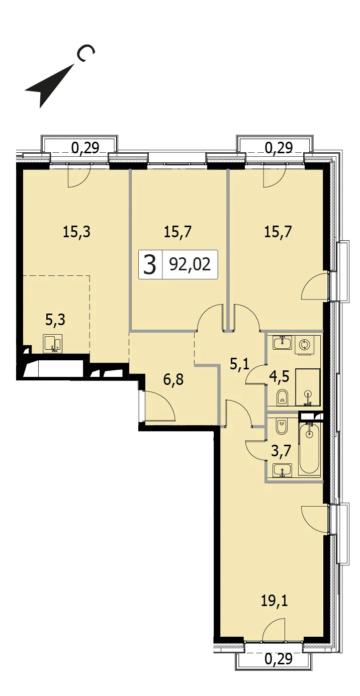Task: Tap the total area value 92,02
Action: (190, 264)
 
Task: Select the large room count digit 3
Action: (150, 264)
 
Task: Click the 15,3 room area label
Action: (76, 232)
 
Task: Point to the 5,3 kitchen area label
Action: (55, 320)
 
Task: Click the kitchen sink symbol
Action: (53, 343)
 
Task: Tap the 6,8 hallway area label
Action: (173, 379)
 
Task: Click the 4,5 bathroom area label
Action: (280, 376)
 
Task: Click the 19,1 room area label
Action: (274, 601)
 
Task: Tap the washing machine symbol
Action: (304, 345)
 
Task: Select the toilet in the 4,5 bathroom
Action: (283, 397)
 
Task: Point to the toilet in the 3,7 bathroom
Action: (282, 427)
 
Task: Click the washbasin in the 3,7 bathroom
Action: (282, 470)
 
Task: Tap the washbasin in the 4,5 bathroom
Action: (282, 342)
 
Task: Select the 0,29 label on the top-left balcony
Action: (85, 148)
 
